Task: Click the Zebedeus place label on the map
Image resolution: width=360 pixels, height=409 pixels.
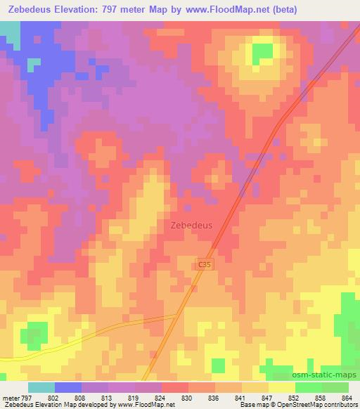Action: [x=191, y=226]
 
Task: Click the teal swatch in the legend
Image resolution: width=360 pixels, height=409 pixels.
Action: [x=41, y=387]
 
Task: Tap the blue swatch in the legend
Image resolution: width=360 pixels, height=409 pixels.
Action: [x=68, y=387]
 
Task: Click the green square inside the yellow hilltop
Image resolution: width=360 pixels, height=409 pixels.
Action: [x=262, y=52]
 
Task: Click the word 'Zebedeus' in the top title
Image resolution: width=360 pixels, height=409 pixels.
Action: [x=29, y=10]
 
